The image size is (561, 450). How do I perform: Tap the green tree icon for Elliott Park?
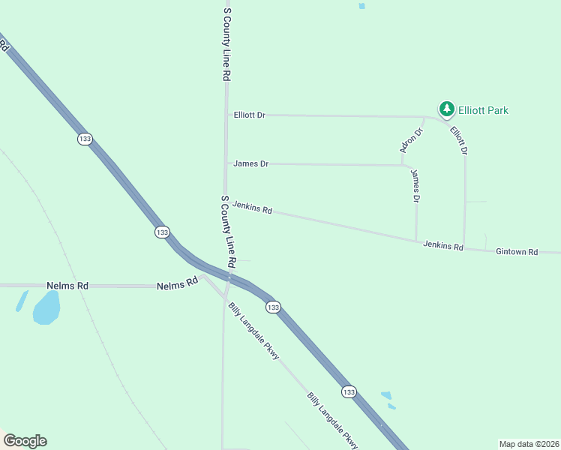point(447,109)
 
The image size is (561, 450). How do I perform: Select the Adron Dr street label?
point(412,140)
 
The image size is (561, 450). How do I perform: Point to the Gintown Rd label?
point(517,252)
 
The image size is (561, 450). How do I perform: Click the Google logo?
point(25,441)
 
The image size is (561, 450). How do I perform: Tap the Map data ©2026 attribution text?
point(528,444)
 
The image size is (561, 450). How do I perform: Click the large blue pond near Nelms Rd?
point(46,307)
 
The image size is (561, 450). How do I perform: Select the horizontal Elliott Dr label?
point(250,115)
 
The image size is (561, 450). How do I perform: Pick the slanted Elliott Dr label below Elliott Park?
point(459,140)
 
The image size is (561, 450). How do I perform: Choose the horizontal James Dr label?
point(250,163)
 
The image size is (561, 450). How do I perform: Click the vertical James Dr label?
point(415,186)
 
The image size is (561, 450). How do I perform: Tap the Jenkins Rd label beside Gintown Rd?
point(442,245)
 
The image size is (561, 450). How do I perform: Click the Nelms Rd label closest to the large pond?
point(67,286)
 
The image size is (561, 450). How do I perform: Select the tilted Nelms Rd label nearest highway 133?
point(177,284)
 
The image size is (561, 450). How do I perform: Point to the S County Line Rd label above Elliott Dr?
point(226,45)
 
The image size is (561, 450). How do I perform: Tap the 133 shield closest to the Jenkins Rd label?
point(162,232)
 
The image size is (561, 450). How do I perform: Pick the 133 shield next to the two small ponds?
point(348,391)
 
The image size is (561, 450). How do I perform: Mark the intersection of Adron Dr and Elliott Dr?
point(425,117)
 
